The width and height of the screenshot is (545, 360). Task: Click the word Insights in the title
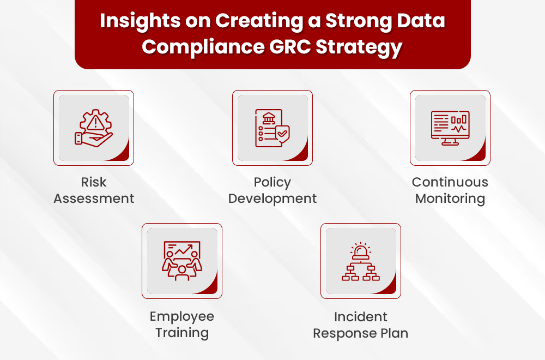[x=140, y=21]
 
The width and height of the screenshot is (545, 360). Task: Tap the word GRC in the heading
[x=290, y=46]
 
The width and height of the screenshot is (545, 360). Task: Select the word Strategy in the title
[x=359, y=47]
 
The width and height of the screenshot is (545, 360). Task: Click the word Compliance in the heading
[x=203, y=47]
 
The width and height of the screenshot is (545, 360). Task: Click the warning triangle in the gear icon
[x=94, y=122]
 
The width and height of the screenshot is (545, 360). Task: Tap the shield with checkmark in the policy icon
[x=282, y=134]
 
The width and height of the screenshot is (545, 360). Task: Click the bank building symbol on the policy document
[x=269, y=118]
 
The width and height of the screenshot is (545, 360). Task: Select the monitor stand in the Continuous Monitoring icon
[x=450, y=142]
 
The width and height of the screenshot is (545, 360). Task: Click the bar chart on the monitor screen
[x=459, y=120]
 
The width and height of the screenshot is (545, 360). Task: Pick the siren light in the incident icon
[x=361, y=251]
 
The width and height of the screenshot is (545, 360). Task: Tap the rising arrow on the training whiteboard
[x=184, y=249]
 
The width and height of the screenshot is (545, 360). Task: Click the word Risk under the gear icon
[x=94, y=182]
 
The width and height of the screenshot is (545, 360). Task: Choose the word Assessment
[x=94, y=198]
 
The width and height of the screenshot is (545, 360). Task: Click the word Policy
[x=272, y=183]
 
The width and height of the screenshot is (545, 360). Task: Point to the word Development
[x=272, y=199]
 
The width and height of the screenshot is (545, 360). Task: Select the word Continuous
[x=450, y=182]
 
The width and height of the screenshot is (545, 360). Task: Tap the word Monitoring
[x=450, y=199]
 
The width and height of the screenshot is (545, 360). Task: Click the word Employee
[x=182, y=317]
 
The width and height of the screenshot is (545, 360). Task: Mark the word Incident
[x=360, y=317]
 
